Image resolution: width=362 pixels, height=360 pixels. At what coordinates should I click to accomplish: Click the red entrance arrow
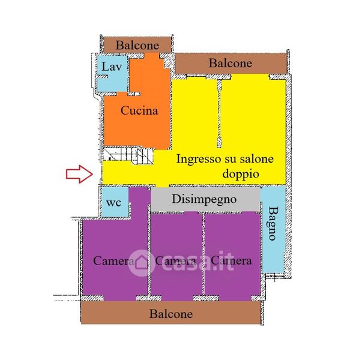[79, 174]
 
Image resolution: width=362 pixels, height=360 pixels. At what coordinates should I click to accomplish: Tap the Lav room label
[112, 67]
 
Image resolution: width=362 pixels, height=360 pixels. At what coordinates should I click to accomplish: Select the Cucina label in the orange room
[139, 110]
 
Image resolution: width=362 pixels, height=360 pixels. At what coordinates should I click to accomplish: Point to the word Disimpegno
[204, 199]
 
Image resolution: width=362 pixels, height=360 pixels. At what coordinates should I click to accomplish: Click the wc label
[113, 203]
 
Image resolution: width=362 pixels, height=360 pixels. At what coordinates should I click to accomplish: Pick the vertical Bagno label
[273, 223]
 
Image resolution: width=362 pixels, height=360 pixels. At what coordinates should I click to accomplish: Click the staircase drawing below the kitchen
[128, 156]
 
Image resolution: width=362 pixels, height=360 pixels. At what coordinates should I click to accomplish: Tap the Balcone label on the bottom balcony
[171, 314]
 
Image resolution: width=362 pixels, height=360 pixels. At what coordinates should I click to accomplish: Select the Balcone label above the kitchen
[137, 45]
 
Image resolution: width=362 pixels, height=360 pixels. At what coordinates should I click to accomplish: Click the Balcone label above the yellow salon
[230, 63]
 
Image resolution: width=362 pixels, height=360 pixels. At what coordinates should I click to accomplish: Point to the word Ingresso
[199, 159]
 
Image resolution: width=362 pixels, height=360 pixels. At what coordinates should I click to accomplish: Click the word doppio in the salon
[241, 174]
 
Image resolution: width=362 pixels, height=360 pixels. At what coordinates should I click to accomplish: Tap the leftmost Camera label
[113, 261]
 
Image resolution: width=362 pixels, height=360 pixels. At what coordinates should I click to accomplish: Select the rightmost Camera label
[231, 261]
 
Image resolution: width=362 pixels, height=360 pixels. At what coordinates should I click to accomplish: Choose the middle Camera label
[175, 261]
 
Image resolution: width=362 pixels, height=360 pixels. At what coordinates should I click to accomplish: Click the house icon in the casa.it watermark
[141, 263]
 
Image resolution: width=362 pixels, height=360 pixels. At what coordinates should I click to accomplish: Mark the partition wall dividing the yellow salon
[219, 113]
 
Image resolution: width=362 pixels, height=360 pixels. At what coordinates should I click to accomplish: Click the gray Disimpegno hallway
[205, 199]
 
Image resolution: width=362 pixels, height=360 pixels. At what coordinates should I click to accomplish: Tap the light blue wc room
[115, 202]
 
